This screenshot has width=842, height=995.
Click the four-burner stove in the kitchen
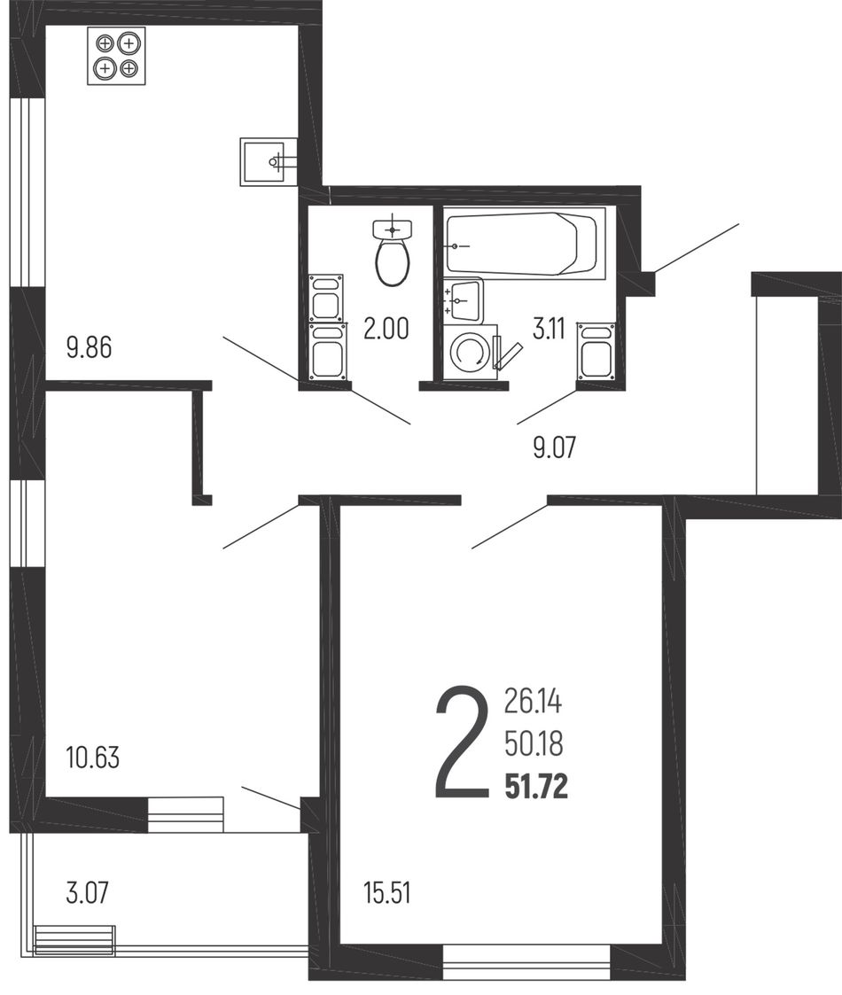116,56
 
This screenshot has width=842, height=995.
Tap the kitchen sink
269,162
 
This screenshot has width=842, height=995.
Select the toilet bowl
394,253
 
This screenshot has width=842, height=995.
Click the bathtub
525,243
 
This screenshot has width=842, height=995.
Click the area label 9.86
89,347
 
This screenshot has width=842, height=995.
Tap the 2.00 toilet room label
386,329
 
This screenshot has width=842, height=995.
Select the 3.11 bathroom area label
549,329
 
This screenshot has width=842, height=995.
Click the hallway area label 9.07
554,447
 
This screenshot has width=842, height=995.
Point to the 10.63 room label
93,758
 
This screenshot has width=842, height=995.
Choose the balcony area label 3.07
88,893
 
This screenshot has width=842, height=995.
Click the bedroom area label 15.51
386,893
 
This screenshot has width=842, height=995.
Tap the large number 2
463,742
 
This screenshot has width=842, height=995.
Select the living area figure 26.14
534,701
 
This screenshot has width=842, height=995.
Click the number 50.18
534,743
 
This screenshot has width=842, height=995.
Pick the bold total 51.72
536,787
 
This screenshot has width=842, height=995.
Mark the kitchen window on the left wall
27,193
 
